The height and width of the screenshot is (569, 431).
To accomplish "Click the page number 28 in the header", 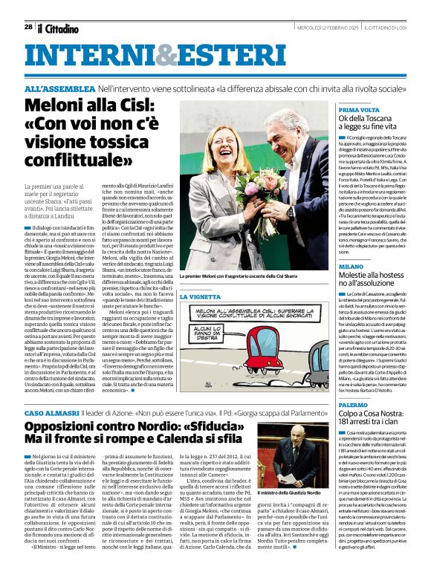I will [27, 27].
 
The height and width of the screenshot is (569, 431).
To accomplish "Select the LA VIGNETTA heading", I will [200, 296].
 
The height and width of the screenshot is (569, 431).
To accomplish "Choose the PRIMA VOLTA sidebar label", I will [360, 110].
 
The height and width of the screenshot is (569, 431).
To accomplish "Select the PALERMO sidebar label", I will [354, 405].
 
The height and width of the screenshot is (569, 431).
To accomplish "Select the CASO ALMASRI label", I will [52, 412].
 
